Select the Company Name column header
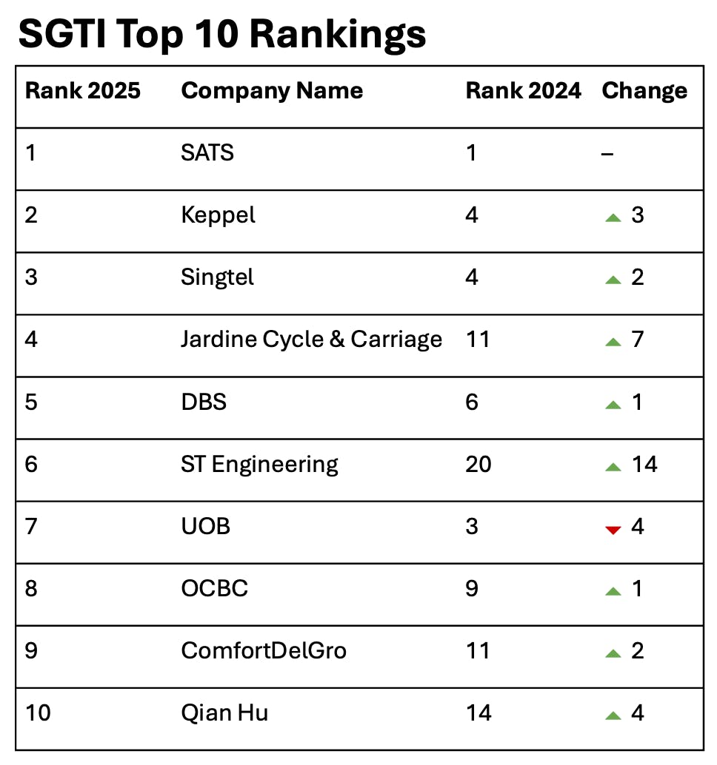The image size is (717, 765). (272, 91)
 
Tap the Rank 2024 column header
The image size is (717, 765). (523, 91)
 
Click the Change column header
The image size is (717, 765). (644, 91)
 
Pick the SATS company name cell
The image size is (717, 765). (207, 153)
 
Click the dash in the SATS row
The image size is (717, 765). (608, 154)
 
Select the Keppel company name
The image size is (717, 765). (218, 215)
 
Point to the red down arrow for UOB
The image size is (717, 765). (613, 530)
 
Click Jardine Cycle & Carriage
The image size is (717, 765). (311, 340)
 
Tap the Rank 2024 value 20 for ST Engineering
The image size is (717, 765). (478, 465)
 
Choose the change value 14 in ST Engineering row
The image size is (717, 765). (644, 465)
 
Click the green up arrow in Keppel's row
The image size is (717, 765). (613, 218)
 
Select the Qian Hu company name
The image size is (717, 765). (224, 713)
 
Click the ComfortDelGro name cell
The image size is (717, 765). (264, 651)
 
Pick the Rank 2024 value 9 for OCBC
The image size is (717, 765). (472, 589)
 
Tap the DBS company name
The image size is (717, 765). (204, 402)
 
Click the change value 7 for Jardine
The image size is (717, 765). (638, 340)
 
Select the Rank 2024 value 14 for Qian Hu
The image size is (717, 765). (478, 713)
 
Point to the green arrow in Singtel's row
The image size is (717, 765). (613, 280)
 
